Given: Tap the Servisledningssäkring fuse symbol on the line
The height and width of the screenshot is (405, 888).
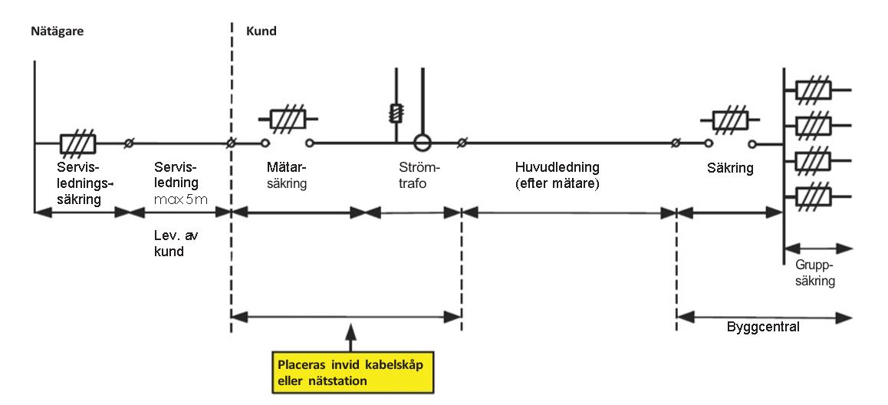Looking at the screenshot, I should [x=77, y=143].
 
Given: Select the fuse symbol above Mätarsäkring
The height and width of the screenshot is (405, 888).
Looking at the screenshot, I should [x=288, y=120].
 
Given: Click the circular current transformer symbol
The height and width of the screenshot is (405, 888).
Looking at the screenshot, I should [x=420, y=143].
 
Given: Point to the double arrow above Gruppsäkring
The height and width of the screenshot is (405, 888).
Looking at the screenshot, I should [x=817, y=249].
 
